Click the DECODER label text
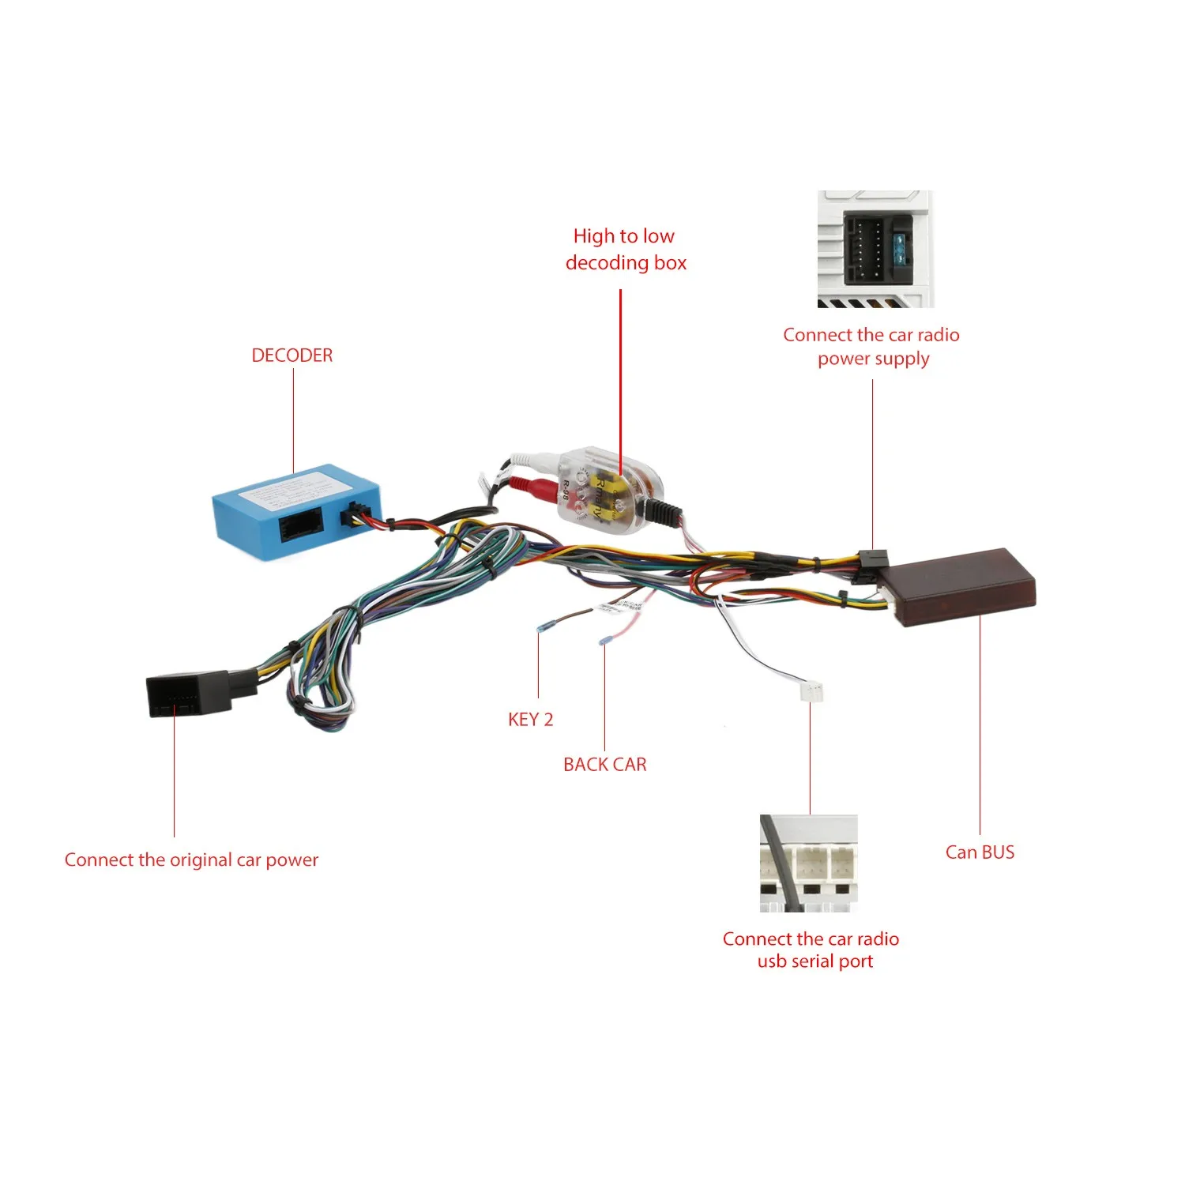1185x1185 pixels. (x=292, y=355)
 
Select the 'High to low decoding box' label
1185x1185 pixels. (x=625, y=249)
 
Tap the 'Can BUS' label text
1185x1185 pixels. (x=980, y=852)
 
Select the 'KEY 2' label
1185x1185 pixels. (x=530, y=719)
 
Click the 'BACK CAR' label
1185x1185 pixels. (x=604, y=764)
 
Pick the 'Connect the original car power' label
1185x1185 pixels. (x=191, y=860)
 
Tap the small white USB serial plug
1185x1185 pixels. (x=811, y=690)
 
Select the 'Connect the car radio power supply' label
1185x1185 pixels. (x=871, y=346)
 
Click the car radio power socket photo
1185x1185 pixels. (x=875, y=249)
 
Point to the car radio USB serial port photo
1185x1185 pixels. (x=808, y=863)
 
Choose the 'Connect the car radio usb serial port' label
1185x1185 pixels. (x=811, y=950)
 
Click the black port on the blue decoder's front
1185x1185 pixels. (x=300, y=526)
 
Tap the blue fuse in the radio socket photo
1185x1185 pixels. (x=901, y=248)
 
